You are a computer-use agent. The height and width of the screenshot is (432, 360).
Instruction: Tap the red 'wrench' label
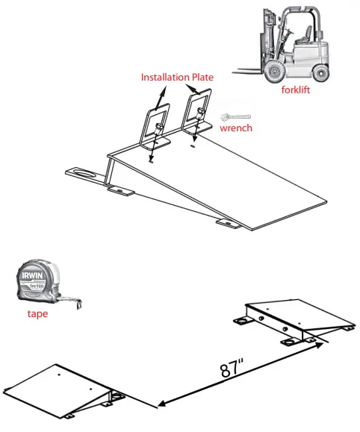tap(236, 128)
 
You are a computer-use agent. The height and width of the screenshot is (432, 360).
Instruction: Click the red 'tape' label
tap(37, 313)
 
